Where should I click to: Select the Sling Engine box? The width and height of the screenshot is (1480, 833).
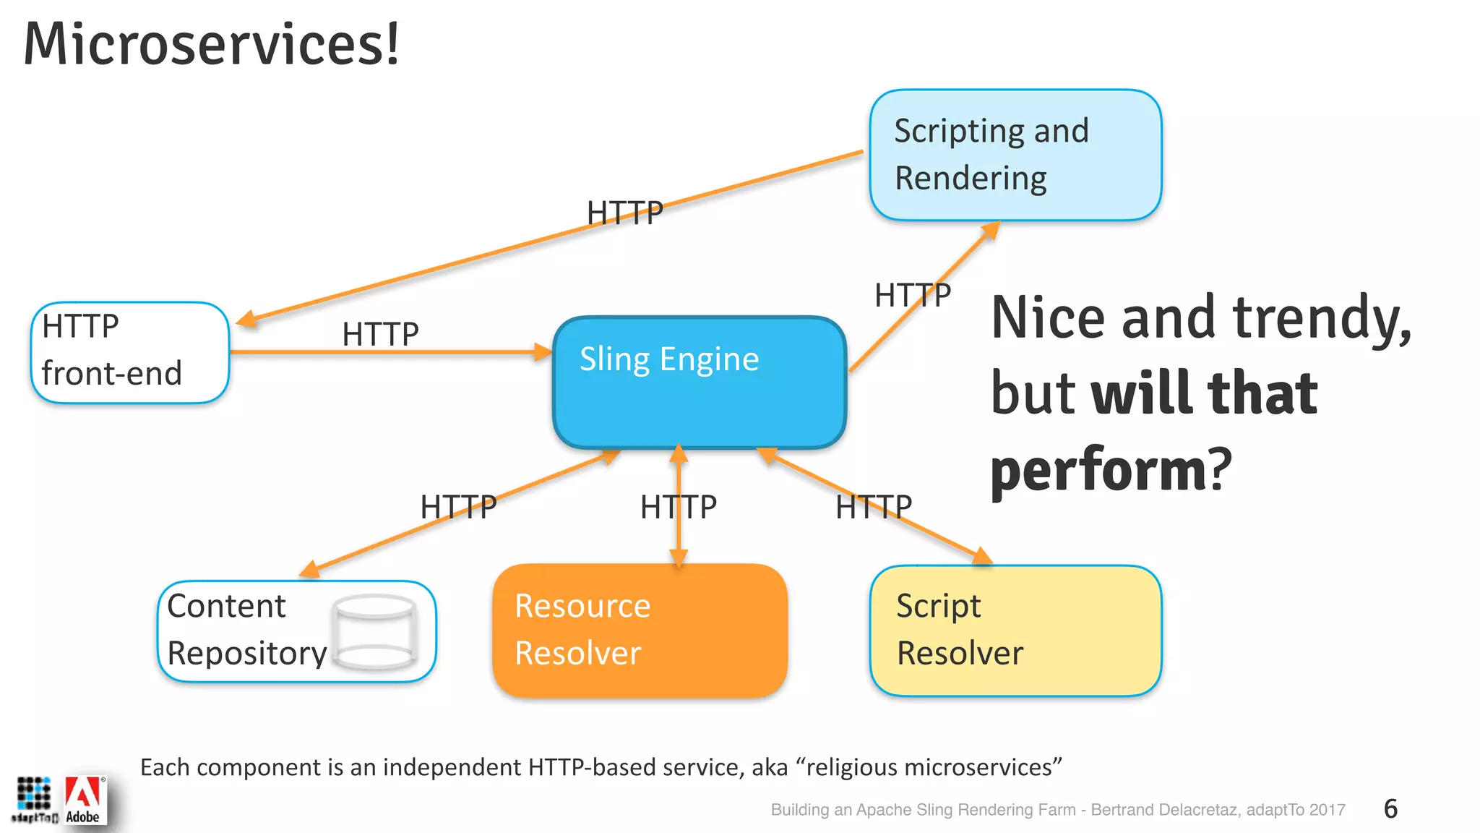pyautogui.click(x=699, y=383)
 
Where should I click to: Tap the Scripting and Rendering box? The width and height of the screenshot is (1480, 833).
pyautogui.click(x=1015, y=155)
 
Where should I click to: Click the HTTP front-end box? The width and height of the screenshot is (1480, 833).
pyautogui.click(x=130, y=352)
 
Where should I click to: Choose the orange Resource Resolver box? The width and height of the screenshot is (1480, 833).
pyautogui.click(x=640, y=631)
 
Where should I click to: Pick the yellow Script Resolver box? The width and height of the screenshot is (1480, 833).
pyautogui.click(x=1015, y=631)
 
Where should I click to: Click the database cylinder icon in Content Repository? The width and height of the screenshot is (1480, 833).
pyautogui.click(x=374, y=631)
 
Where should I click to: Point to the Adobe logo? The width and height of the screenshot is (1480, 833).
pyautogui.click(x=84, y=800)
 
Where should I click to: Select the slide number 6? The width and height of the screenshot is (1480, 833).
pyautogui.click(x=1390, y=808)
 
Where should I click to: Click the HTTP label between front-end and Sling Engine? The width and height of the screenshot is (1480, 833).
pyautogui.click(x=380, y=334)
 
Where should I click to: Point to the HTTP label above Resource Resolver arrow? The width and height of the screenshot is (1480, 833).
pyautogui.click(x=678, y=507)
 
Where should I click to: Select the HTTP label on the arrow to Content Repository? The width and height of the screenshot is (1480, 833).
pyautogui.click(x=458, y=507)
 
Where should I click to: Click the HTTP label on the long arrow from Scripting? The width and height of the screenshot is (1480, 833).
pyautogui.click(x=624, y=213)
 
